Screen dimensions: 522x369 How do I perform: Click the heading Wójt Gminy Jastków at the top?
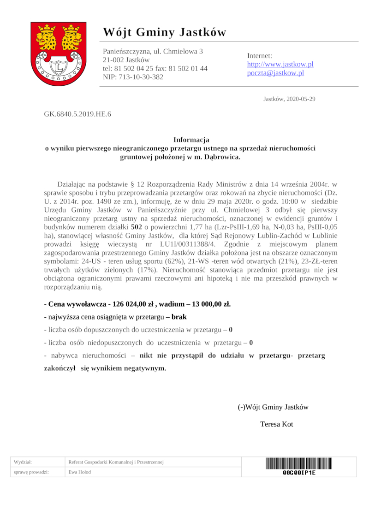point(165,32)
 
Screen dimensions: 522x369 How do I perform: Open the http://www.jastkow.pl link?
point(280,64)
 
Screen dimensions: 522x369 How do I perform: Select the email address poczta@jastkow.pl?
point(275,73)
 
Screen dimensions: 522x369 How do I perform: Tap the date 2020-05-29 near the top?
point(300,99)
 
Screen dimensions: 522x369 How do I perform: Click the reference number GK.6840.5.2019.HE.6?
point(77,113)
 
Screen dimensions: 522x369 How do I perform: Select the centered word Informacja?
point(191,139)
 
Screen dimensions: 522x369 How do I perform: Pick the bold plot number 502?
point(136,227)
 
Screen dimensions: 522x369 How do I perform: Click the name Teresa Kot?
point(276,424)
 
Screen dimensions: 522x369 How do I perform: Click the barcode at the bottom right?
point(298,463)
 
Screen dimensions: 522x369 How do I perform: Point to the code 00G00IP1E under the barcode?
point(299,473)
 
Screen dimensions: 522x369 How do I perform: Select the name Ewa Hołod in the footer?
point(79,472)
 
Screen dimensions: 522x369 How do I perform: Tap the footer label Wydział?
point(23,462)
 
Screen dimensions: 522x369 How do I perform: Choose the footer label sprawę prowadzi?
point(31,472)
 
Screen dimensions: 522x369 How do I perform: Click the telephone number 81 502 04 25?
point(134,68)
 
